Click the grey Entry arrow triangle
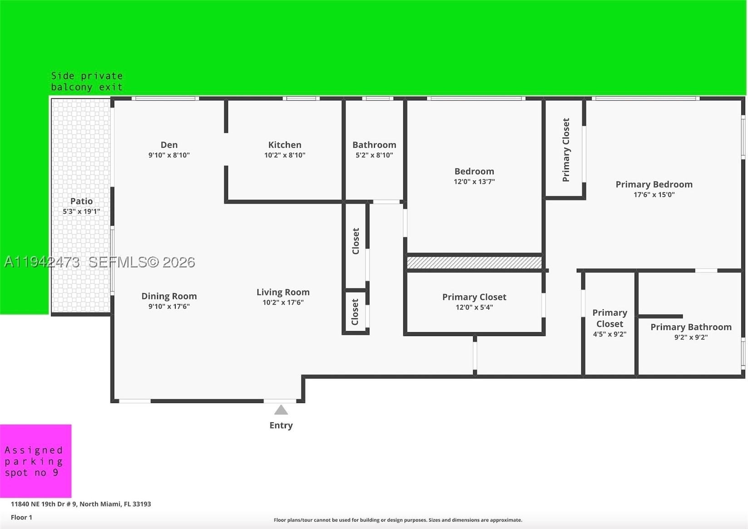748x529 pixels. click(281, 410)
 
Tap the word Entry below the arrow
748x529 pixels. click(281, 425)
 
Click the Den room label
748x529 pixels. click(169, 145)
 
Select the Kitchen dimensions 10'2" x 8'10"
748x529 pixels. click(285, 155)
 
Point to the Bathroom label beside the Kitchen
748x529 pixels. click(374, 145)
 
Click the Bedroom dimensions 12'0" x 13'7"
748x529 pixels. click(474, 182)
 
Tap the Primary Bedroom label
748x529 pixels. click(654, 184)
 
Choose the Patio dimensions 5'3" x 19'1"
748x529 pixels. click(81, 212)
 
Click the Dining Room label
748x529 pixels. click(169, 296)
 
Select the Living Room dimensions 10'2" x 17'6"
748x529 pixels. click(283, 302)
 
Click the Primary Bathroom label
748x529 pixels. click(691, 327)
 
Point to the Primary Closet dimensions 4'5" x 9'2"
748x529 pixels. click(610, 334)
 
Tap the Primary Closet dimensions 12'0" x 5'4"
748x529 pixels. click(474, 307)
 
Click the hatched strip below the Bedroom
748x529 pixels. click(474, 262)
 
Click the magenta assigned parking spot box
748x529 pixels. click(36, 461)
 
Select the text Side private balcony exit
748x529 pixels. click(87, 81)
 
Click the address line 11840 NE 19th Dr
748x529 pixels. click(81, 504)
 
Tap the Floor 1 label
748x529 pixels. click(21, 517)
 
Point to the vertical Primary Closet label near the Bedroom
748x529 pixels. click(566, 150)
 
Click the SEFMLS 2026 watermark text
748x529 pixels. click(142, 262)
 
